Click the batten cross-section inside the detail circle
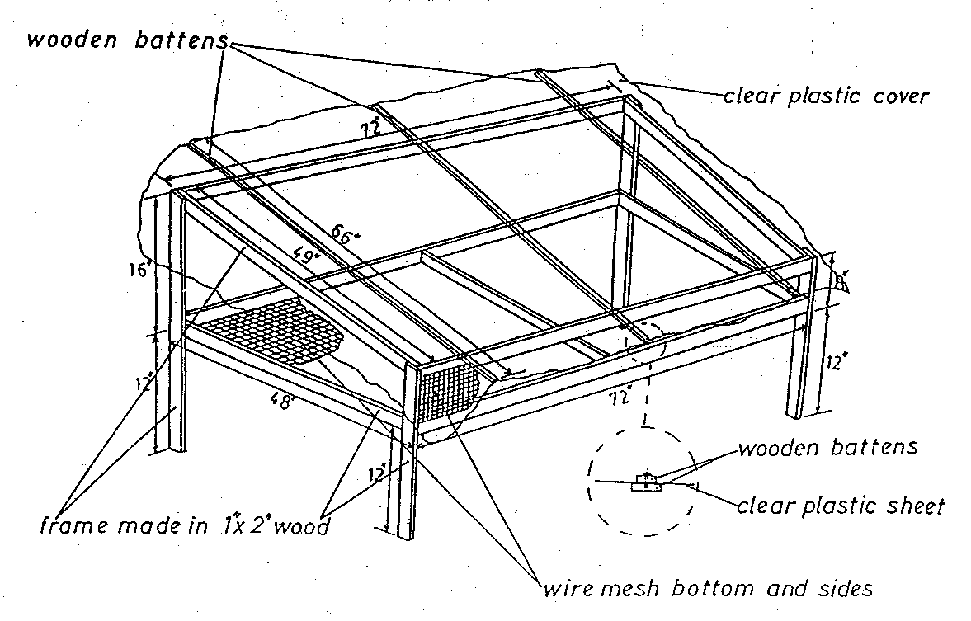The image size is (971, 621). tap(647, 482)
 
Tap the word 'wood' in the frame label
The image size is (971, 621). tap(301, 525)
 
